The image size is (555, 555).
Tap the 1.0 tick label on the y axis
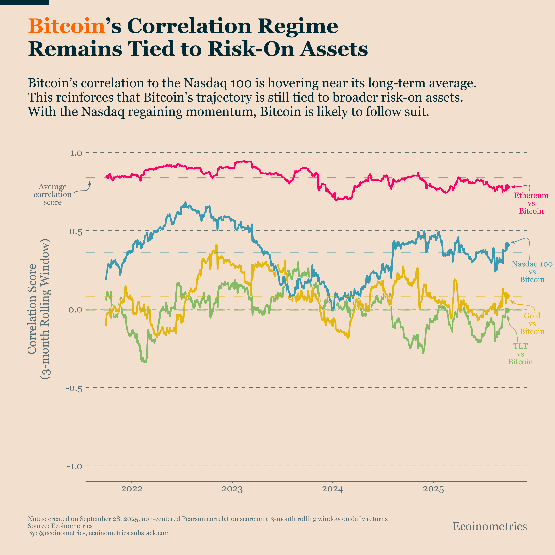tap(76, 153)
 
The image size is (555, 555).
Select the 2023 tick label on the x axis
tap(232, 489)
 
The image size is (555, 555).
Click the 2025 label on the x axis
tap(433, 489)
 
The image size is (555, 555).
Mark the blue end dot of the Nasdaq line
tap(507, 245)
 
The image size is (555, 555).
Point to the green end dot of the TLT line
tap(507, 310)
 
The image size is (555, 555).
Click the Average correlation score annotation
tap(53, 195)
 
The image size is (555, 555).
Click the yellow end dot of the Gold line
tap(507, 296)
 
